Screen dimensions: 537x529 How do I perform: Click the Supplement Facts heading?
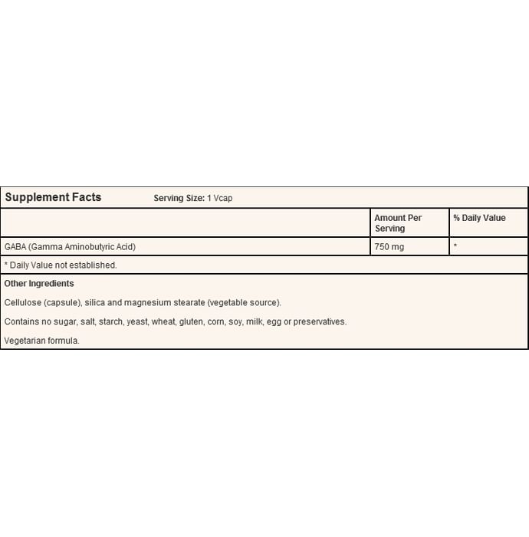tap(53, 197)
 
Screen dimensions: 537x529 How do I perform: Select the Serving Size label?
tap(179, 198)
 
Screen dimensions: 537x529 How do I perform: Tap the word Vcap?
tap(222, 198)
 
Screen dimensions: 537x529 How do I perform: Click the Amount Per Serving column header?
tap(398, 223)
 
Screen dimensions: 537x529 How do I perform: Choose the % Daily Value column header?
tap(479, 218)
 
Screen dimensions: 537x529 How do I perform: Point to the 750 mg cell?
tap(389, 246)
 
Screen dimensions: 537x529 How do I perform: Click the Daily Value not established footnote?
tap(61, 265)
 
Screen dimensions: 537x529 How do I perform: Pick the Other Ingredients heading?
tap(39, 284)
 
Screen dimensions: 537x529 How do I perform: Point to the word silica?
tap(95, 302)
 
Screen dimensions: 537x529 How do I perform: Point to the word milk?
tap(254, 321)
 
